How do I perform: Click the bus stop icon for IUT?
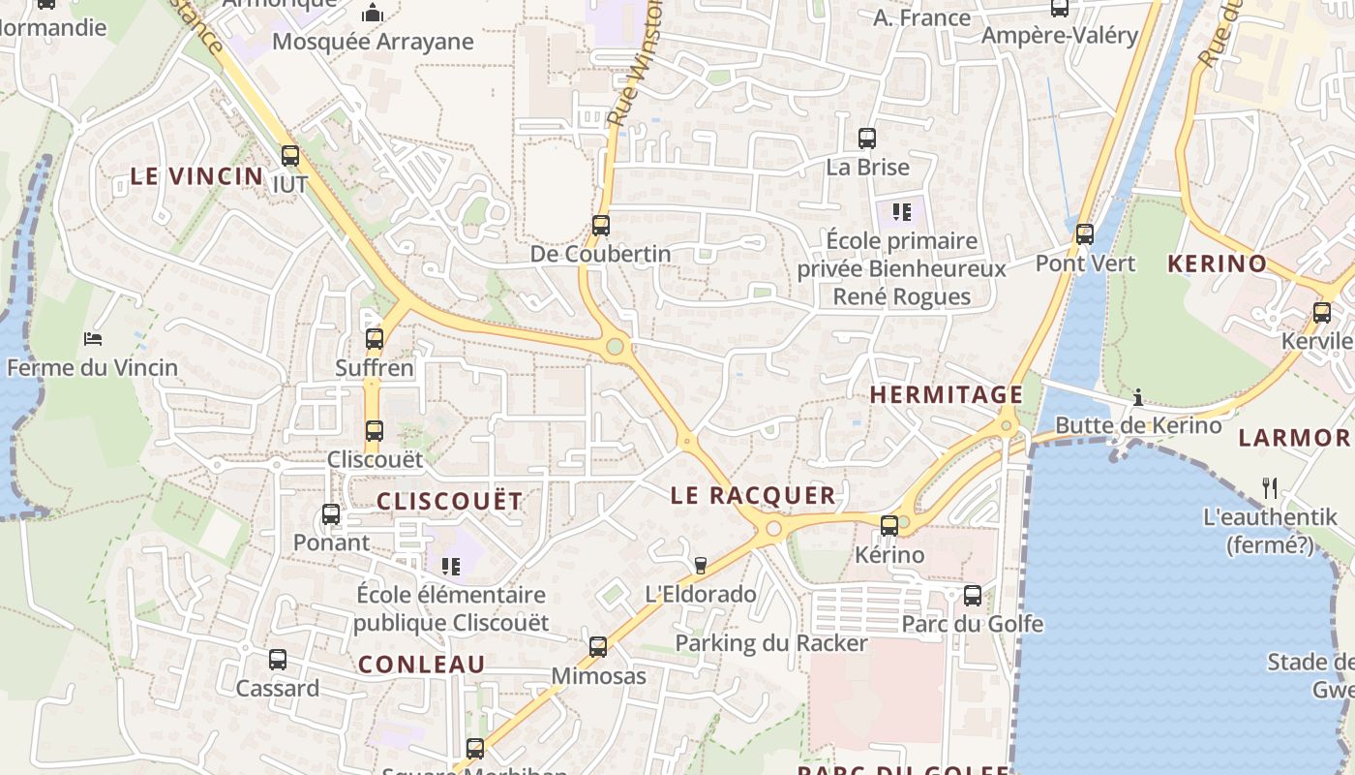pyautogui.click(x=289, y=155)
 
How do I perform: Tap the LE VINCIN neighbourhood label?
pyautogui.click(x=196, y=176)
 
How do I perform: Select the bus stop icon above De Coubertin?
pyautogui.click(x=601, y=226)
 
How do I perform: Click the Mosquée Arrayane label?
pyautogui.click(x=373, y=42)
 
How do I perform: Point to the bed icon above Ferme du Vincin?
pyautogui.click(x=93, y=339)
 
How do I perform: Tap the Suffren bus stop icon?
pyautogui.click(x=375, y=339)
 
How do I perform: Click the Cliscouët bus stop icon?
pyautogui.click(x=375, y=430)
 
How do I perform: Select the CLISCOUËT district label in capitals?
pyautogui.click(x=449, y=501)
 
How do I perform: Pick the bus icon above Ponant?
pyautogui.click(x=331, y=514)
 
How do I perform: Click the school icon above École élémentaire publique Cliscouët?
pyautogui.click(x=450, y=566)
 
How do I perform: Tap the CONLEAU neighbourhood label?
pyautogui.click(x=422, y=665)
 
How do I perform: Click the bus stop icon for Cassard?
pyautogui.click(x=278, y=660)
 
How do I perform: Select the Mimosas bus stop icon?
pyautogui.click(x=598, y=647)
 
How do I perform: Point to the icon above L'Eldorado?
pyautogui.click(x=701, y=565)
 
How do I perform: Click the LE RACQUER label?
pyautogui.click(x=753, y=495)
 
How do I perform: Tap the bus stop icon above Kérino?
pyautogui.click(x=889, y=526)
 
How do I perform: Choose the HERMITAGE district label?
pyautogui.click(x=946, y=394)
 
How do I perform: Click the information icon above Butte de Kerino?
pyautogui.click(x=1138, y=397)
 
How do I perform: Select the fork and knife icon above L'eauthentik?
pyautogui.click(x=1270, y=488)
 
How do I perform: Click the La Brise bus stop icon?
pyautogui.click(x=867, y=139)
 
